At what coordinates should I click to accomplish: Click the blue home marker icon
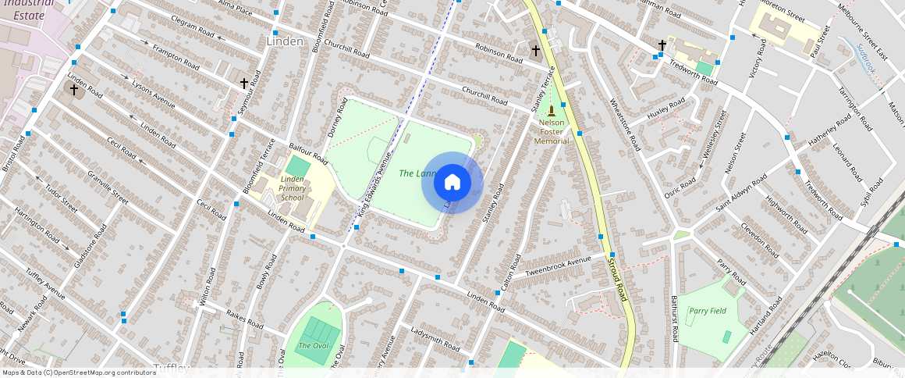tap(452, 183)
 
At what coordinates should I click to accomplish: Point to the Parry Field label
tap(708, 310)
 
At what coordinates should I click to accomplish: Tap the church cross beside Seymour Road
tap(243, 83)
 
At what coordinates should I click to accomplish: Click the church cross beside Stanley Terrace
tap(535, 51)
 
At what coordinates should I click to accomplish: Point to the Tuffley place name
tap(172, 367)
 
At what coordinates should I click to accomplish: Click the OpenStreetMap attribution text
tap(78, 373)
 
